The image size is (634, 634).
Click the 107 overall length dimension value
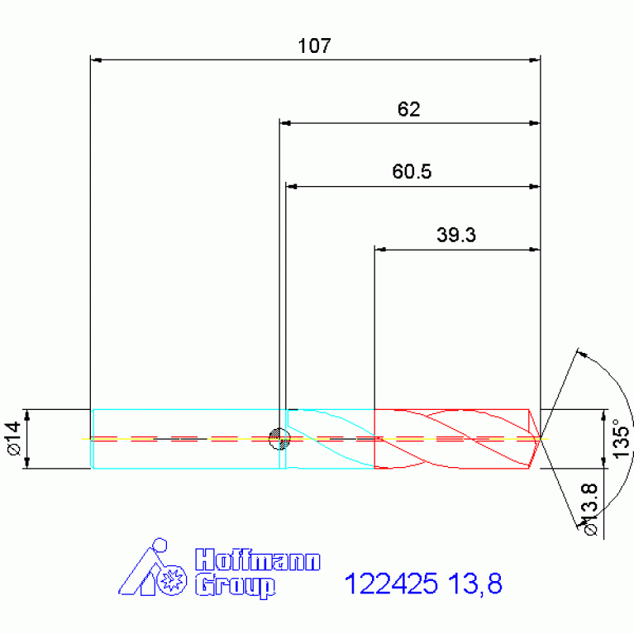[x=314, y=45]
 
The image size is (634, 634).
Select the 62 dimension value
[x=409, y=109]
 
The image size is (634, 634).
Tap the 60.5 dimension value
[x=412, y=171]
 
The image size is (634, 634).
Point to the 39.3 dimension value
[x=456, y=235]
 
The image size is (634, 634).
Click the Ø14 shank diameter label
[x=14, y=438]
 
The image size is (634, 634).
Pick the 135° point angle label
[x=621, y=438]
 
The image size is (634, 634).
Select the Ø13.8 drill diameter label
[x=589, y=509]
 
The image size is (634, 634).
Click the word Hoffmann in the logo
[x=258, y=560]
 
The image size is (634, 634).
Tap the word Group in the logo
[x=236, y=586]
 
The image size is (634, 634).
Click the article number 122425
[x=391, y=584]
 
